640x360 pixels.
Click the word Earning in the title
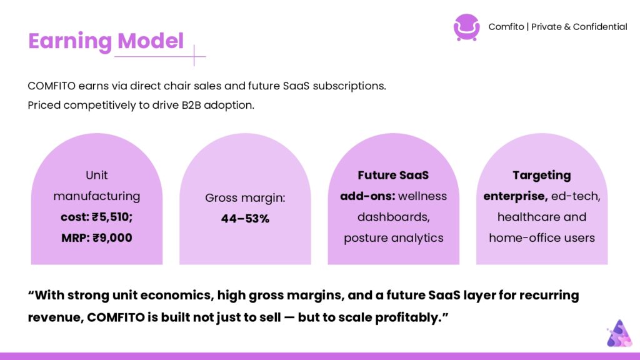click(70, 42)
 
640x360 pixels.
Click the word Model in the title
click(151, 41)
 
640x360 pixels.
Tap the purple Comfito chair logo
click(466, 27)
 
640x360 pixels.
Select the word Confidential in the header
click(600, 27)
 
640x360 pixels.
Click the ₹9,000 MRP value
click(112, 238)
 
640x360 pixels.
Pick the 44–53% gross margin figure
click(245, 219)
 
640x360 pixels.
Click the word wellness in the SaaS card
click(422, 196)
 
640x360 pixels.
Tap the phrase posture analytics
click(394, 238)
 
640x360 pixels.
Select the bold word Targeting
click(542, 176)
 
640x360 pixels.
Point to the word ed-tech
click(576, 196)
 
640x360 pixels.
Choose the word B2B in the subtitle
click(191, 105)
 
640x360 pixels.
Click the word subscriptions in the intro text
click(349, 86)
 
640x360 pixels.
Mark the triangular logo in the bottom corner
click(619, 334)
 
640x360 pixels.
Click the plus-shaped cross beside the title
click(194, 56)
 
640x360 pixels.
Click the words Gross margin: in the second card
click(245, 198)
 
